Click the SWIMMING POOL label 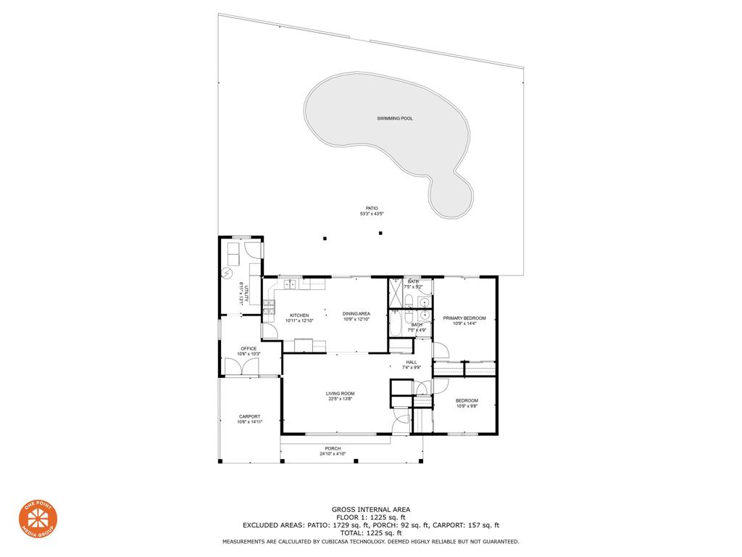pos(395,118)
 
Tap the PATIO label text pos(372,208)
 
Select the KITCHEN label pos(299,315)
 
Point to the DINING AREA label pos(357,314)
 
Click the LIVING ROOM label pos(340,394)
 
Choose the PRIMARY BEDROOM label pos(464,318)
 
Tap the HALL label pos(412,362)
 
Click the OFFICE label pos(249,349)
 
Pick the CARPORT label pos(249,416)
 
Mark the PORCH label pos(333,448)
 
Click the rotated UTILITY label pos(246,294)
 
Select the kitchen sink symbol pos(290,284)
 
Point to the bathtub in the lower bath pos(396,323)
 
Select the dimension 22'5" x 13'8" pos(340,399)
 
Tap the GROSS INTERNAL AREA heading pos(370,510)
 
